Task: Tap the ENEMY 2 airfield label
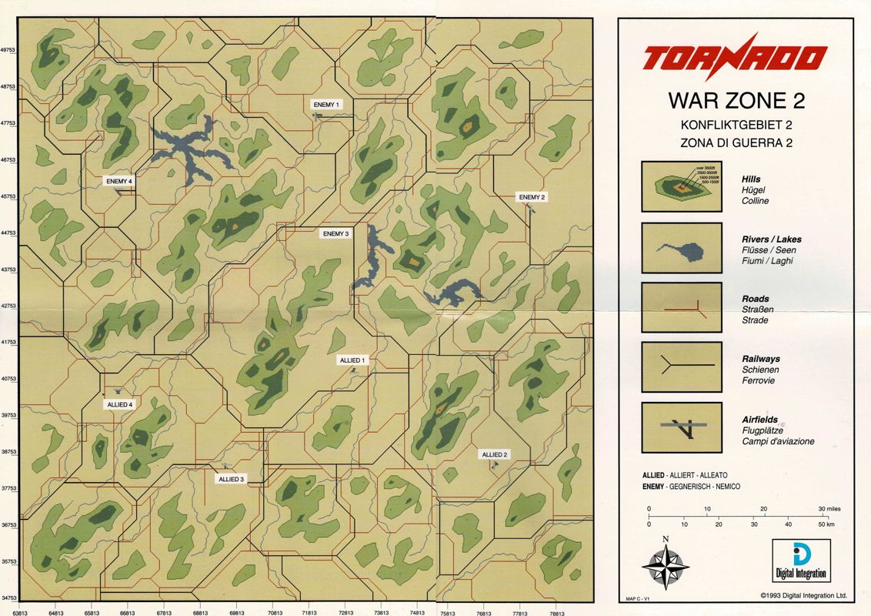pos(532,197)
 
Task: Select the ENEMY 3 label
pos(336,233)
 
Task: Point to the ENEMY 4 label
pos(120,181)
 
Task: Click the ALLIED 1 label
pos(353,360)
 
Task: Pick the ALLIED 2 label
pos(494,454)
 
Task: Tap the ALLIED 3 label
pos(231,479)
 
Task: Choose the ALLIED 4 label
pos(120,404)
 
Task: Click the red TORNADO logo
pos(735,58)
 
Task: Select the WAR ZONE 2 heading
pos(736,101)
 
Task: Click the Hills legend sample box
pos(681,186)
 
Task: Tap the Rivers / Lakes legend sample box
pos(681,248)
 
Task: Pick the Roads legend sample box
pos(681,307)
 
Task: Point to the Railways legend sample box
pos(681,367)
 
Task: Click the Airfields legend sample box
pos(681,428)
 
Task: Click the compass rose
pos(665,568)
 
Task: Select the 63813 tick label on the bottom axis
pos(20,611)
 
